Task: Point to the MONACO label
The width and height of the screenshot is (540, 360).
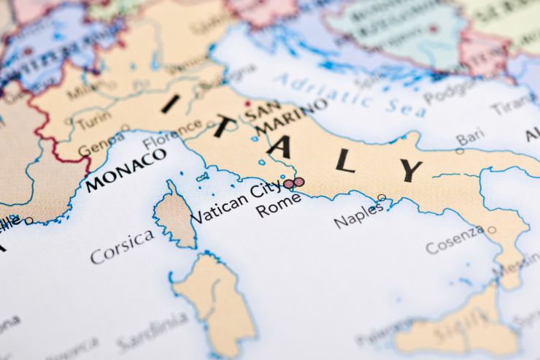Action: point(126,170)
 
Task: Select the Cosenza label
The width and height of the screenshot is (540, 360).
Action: point(455,239)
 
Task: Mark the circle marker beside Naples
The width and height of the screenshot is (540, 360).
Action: point(382,197)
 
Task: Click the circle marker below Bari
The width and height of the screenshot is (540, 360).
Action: point(460,151)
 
